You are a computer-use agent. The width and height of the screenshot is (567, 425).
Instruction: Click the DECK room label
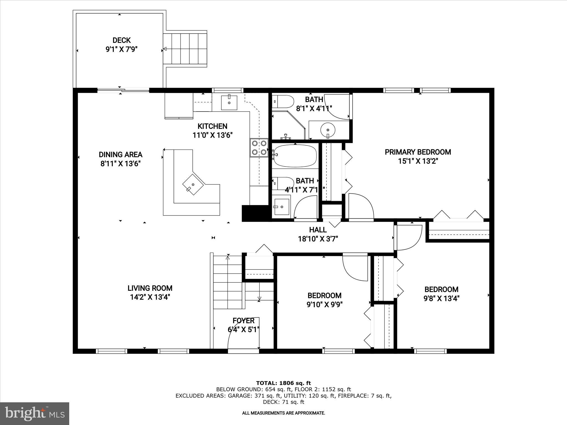tap(122, 40)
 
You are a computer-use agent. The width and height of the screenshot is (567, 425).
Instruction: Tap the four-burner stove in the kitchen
tap(259, 147)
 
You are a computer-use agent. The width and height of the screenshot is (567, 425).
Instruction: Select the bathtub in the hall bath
tap(295, 156)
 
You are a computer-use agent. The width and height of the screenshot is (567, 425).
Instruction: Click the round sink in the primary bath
tap(328, 129)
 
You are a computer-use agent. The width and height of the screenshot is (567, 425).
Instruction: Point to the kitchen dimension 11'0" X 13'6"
tap(212, 135)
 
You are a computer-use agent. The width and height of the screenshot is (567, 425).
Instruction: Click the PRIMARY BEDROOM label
tap(418, 152)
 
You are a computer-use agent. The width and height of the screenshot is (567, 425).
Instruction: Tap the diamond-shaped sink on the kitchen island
tap(193, 185)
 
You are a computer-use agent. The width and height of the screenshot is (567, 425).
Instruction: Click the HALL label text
tap(318, 230)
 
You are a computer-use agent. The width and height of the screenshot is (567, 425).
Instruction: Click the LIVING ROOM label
tap(150, 288)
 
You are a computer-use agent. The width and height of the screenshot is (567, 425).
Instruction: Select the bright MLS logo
tap(35, 413)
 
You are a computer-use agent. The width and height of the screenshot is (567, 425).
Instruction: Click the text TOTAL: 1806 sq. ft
tap(283, 383)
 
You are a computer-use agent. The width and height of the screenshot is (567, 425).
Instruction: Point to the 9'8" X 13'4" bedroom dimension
tap(442, 299)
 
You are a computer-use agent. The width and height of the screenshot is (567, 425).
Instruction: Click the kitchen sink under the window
tap(229, 102)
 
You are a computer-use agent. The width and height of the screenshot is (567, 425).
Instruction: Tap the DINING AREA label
tap(120, 154)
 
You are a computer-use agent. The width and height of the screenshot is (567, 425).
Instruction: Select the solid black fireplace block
tap(255, 213)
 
